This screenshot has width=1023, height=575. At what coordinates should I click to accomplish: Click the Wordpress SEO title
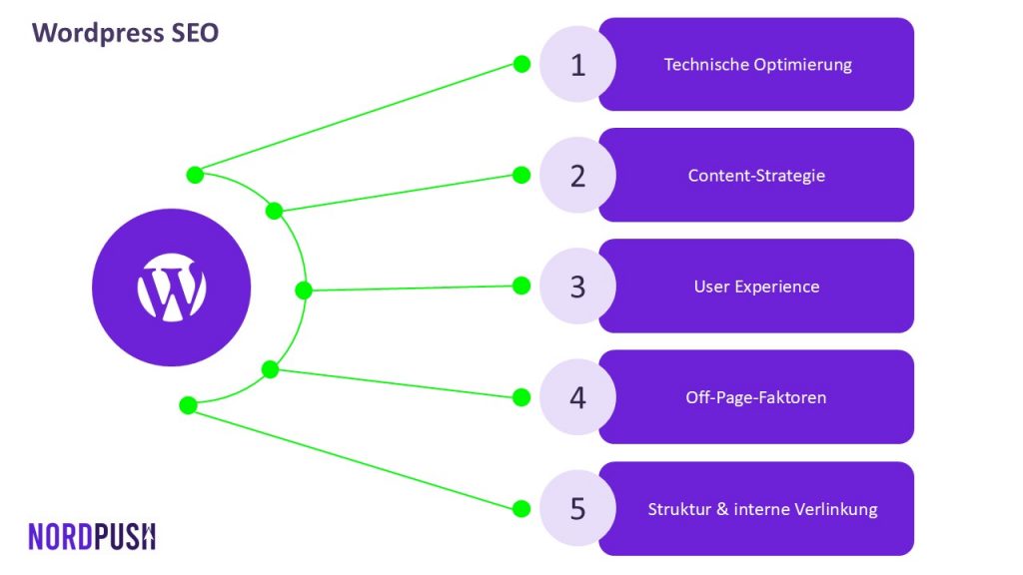click(125, 33)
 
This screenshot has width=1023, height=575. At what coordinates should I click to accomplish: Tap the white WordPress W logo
click(172, 287)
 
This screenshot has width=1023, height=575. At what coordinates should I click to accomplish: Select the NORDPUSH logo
click(92, 536)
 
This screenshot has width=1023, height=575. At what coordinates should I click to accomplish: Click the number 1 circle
click(577, 64)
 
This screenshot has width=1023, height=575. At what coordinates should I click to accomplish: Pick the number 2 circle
click(577, 175)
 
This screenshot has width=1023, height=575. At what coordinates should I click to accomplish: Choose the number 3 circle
click(577, 286)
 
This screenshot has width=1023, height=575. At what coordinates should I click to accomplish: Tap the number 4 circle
click(577, 397)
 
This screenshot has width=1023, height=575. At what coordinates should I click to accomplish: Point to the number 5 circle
click(577, 508)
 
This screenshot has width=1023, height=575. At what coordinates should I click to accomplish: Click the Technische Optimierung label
click(757, 65)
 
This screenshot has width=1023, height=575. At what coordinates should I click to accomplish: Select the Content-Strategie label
click(756, 176)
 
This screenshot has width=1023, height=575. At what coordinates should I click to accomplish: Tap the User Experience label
click(756, 287)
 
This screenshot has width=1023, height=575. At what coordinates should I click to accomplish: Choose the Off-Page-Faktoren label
click(755, 397)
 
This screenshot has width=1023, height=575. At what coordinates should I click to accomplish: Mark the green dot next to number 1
click(521, 64)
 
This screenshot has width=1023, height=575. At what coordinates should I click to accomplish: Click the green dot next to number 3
click(521, 286)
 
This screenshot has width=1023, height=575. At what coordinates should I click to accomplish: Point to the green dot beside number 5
click(521, 508)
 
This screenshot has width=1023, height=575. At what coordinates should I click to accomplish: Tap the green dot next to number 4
click(521, 397)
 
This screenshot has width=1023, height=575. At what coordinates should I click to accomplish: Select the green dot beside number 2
click(521, 175)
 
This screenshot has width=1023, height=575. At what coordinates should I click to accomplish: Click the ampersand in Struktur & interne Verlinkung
click(722, 508)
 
